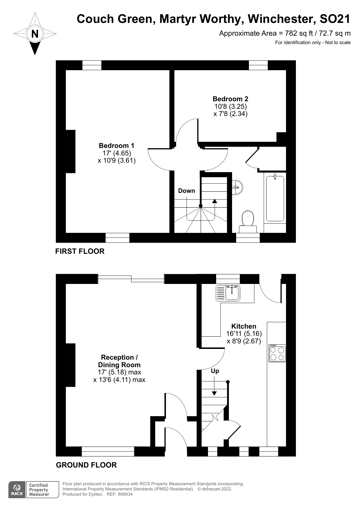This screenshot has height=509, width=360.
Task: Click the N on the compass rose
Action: coord(35,34)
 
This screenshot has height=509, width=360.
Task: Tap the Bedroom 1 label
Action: coord(116,146)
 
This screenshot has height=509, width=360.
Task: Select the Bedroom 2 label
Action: coord(230,99)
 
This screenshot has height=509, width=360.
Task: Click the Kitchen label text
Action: coord(244,326)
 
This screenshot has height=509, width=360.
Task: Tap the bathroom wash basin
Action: coord(238,187)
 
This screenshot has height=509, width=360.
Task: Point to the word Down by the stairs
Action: coord(187,191)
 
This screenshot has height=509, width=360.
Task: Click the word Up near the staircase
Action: coord(215,371)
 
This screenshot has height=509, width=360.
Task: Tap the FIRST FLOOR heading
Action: coord(80,251)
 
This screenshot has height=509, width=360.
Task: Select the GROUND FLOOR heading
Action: coord(86,465)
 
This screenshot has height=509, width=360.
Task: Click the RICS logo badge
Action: coord(17,490)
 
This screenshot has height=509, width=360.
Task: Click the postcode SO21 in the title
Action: coord(335,19)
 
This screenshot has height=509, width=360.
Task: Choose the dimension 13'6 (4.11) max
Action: coord(119,380)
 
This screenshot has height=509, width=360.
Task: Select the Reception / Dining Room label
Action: coord(119,361)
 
